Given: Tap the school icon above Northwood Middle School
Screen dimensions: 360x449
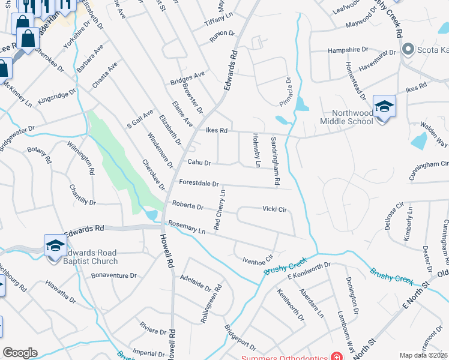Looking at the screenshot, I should pyautogui.click(x=384, y=107).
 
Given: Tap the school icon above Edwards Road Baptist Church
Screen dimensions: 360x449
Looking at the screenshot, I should pyautogui.click(x=55, y=245).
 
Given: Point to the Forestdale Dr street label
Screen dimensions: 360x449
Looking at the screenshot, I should pyautogui.click(x=199, y=184).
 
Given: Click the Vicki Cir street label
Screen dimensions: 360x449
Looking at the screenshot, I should pyautogui.click(x=276, y=209).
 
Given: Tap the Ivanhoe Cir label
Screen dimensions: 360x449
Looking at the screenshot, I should pyautogui.click(x=258, y=259).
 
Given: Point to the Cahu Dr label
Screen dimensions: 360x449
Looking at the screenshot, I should pyautogui.click(x=199, y=162).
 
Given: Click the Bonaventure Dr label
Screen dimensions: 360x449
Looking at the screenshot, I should pyautogui.click(x=114, y=275).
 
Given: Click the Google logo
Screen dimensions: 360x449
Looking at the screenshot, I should pyautogui.click(x=20, y=352).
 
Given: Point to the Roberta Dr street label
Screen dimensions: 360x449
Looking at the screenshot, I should pyautogui.click(x=188, y=205).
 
